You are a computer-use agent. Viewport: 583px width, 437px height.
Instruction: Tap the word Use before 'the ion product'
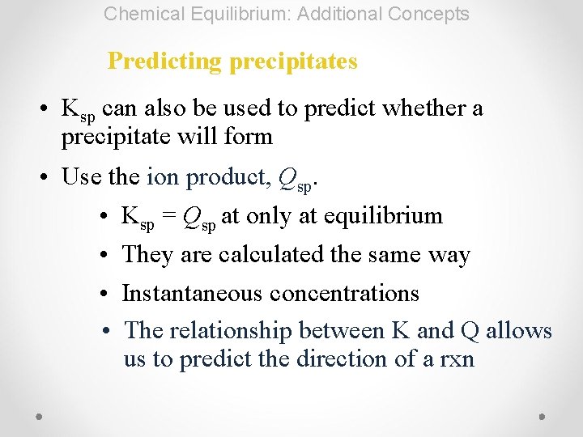click(x=83, y=177)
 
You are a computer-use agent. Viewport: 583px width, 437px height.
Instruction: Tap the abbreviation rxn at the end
click(x=457, y=359)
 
